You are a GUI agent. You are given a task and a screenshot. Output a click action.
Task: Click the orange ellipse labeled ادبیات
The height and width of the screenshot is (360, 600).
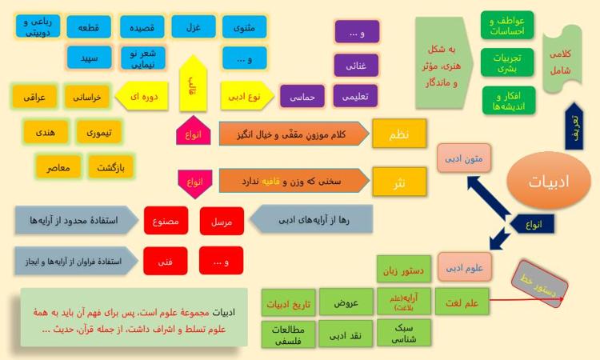tap(548, 181)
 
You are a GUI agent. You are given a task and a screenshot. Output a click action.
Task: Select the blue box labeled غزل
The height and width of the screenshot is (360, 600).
tap(194, 26)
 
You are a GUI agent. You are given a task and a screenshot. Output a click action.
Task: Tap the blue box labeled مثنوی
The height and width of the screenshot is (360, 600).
tap(244, 26)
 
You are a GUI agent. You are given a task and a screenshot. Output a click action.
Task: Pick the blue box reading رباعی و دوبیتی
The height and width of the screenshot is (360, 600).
tap(38, 26)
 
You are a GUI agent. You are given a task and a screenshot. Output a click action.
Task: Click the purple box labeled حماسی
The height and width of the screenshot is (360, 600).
tap(302, 96)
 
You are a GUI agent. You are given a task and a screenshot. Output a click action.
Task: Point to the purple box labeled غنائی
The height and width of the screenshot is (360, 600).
tap(356, 66)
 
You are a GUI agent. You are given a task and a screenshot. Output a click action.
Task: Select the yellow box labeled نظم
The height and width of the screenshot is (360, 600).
tap(399, 134)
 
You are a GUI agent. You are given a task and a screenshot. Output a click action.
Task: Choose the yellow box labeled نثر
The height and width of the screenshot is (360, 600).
tap(399, 182)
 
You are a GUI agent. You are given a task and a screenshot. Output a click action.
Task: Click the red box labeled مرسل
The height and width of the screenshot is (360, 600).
tap(222, 221)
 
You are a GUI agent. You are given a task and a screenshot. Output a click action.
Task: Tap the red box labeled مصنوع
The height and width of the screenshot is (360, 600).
tap(166, 220)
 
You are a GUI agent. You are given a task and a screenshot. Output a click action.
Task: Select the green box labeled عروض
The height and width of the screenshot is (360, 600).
tap(346, 302)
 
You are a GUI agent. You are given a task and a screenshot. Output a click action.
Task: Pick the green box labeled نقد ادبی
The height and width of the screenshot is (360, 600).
tap(346, 334)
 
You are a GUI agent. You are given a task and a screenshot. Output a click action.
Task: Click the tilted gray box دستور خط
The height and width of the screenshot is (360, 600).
tap(539, 284)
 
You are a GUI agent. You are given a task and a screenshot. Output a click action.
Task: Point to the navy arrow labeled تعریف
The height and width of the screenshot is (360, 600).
tap(574, 126)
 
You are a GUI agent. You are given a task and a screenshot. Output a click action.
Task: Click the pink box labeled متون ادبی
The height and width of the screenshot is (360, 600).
tap(464, 158)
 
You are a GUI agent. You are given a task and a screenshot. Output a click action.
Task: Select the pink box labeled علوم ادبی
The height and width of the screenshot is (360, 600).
tap(465, 267)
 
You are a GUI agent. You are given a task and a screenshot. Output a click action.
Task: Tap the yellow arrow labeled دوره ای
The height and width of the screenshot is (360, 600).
tap(142, 96)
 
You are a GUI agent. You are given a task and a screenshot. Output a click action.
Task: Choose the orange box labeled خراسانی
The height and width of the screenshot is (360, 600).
tap(87, 97)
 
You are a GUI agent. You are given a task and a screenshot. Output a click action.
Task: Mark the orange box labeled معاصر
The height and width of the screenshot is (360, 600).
tap(58, 167)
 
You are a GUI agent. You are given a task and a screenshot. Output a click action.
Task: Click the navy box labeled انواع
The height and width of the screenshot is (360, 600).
tap(533, 224)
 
